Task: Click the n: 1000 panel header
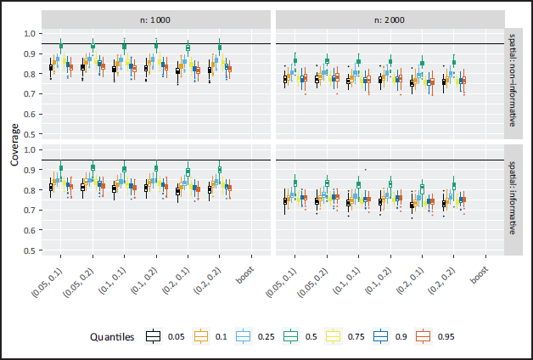click(x=155, y=20)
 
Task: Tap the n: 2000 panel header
click(x=390, y=20)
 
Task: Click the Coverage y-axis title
click(x=14, y=145)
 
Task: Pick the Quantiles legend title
click(x=112, y=337)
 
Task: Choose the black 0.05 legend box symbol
click(x=153, y=336)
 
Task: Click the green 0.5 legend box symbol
click(x=290, y=336)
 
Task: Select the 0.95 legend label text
click(x=446, y=337)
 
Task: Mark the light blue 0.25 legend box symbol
click(x=243, y=336)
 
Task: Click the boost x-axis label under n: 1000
click(x=245, y=276)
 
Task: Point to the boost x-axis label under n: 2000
click(x=480, y=276)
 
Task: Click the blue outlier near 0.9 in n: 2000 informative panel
click(x=366, y=169)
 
